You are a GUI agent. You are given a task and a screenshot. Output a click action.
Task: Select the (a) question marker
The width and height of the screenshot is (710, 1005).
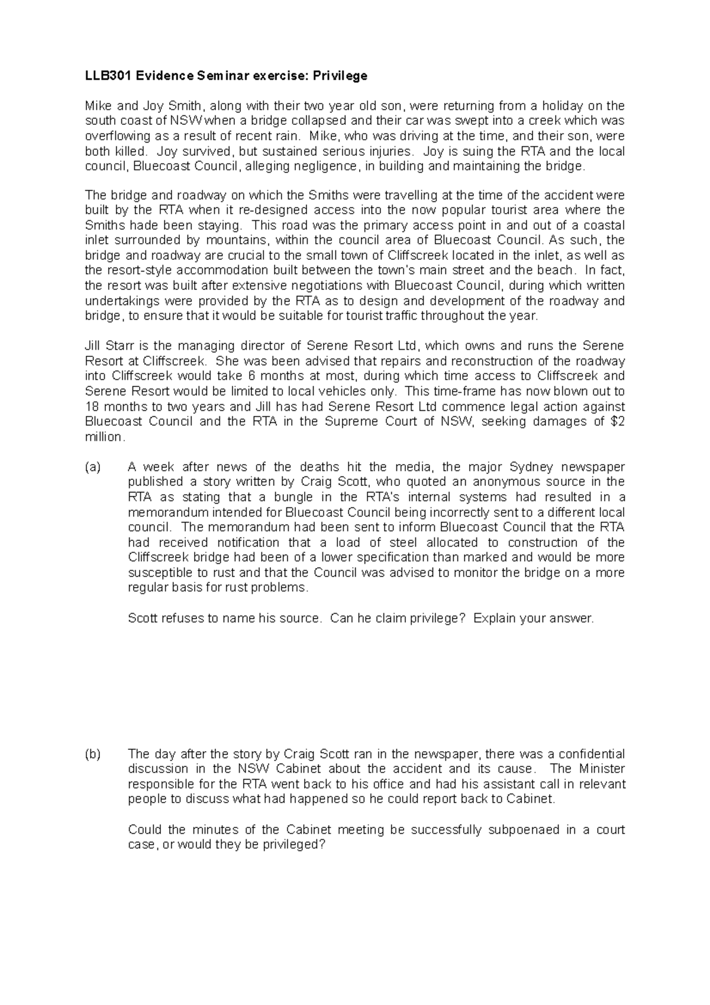click(93, 467)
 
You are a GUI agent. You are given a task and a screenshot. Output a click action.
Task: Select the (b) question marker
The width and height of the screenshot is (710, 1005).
click(93, 754)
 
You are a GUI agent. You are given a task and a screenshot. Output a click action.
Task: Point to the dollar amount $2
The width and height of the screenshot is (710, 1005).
click(617, 421)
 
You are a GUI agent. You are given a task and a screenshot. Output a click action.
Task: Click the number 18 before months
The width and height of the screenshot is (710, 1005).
click(92, 407)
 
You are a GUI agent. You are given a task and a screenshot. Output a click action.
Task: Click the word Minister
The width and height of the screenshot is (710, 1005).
click(602, 769)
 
